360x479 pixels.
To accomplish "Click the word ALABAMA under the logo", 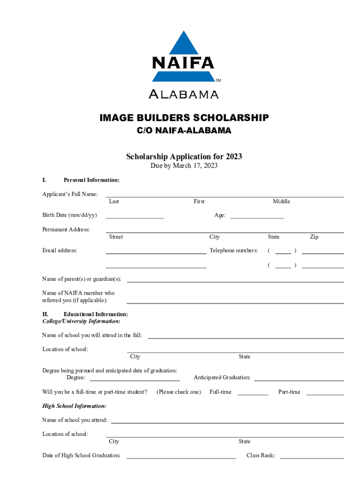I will click(183, 94).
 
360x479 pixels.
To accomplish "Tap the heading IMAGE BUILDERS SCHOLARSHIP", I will click(184, 118).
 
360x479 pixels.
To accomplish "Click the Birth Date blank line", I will click(135, 218).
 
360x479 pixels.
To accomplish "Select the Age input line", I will click(257, 218).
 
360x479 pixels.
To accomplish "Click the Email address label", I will click(59, 251).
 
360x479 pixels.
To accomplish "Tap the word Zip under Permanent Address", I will click(314, 237).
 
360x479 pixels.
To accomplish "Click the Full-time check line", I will click(253, 395).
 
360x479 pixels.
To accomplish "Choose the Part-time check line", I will click(325, 395).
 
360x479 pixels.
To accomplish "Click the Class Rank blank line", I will click(312, 458).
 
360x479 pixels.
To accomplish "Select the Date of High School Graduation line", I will click(181, 458).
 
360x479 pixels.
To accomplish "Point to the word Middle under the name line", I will click(281, 202).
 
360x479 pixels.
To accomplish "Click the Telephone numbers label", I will click(233, 251).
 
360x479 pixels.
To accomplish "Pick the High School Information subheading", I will click(74, 406).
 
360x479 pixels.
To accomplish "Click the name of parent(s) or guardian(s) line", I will click(235, 282).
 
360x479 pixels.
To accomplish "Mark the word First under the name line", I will click(199, 202).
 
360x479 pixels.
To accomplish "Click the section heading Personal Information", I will click(91, 180).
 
